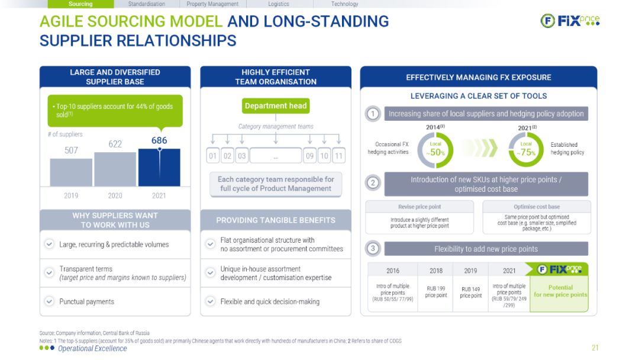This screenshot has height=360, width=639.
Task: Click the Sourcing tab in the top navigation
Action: click(80, 4)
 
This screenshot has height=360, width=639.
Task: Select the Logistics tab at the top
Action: click(279, 4)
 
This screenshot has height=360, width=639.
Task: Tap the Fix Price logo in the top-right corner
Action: click(570, 20)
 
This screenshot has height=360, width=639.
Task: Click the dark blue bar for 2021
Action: click(159, 168)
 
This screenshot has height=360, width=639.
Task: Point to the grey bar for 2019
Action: click(71, 172)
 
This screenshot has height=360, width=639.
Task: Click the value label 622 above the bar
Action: click(115, 144)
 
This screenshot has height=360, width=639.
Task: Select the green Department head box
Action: click(276, 106)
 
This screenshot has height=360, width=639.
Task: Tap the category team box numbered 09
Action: click(309, 156)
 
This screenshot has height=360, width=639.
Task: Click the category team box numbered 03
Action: click(242, 156)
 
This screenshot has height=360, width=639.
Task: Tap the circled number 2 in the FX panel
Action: click(373, 183)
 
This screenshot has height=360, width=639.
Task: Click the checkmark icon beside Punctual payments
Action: click(49, 301)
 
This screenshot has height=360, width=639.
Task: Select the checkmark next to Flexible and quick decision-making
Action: click(210, 301)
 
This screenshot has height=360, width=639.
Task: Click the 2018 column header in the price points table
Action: click(435, 271)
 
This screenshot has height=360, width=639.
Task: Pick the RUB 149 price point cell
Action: click(471, 292)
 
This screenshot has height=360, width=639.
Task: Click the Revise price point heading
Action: click(419, 207)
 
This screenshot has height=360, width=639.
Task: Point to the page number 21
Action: click(595, 348)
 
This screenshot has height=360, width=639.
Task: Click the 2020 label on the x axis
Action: click(115, 196)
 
